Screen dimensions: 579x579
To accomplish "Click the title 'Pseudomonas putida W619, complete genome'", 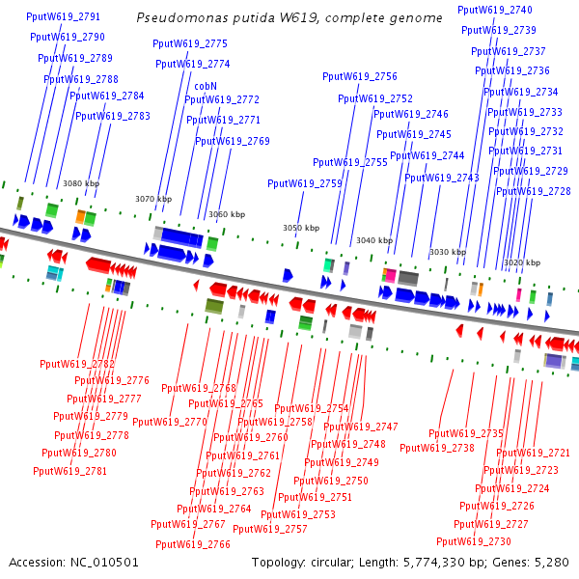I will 289,18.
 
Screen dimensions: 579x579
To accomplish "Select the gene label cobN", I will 206,86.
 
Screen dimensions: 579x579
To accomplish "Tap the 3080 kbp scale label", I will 81,183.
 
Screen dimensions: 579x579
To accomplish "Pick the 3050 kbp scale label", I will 300,228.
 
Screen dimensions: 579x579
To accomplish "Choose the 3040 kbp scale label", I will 373,240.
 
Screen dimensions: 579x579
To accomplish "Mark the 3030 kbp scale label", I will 447,252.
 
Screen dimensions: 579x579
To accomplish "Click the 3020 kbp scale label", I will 521,262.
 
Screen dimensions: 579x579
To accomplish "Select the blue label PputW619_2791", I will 64,17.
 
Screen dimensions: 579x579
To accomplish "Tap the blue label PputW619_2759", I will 304,183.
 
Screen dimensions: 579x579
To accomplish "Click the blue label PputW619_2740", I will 494,10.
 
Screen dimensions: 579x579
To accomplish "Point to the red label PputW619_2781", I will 69,471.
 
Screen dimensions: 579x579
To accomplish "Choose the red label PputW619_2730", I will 473,541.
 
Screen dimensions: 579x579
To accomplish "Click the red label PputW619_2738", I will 437,448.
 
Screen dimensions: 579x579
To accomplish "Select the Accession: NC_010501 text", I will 74,562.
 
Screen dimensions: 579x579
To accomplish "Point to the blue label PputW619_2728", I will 533,191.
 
